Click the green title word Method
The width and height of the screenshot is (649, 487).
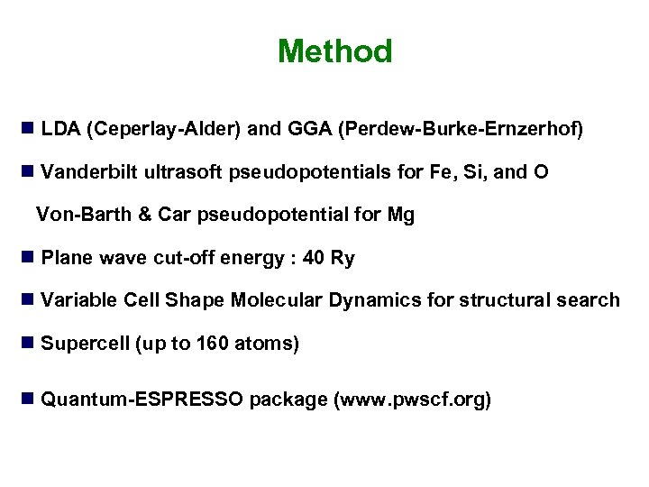coord(334,51)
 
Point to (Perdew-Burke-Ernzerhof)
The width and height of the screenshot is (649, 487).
coord(461,129)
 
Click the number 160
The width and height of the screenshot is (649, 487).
coord(221,344)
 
